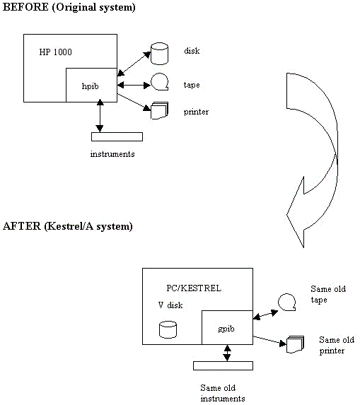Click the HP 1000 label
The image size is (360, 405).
(x=56, y=52)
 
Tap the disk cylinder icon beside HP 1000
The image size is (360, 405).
(x=159, y=54)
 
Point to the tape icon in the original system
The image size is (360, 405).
(x=159, y=82)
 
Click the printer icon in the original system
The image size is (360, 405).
(x=159, y=111)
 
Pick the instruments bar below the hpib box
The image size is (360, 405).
(x=117, y=136)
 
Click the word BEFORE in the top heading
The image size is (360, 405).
(x=25, y=7)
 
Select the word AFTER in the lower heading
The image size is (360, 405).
(x=22, y=226)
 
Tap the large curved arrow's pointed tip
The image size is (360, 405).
(x=303, y=247)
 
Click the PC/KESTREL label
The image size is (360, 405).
(x=194, y=288)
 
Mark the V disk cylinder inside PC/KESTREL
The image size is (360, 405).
(x=168, y=329)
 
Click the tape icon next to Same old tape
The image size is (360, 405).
(x=287, y=302)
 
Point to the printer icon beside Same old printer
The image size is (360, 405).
(x=295, y=344)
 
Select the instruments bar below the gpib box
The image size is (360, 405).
(x=223, y=365)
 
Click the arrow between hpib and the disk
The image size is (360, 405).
(x=134, y=64)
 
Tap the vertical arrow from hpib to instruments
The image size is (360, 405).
(x=100, y=116)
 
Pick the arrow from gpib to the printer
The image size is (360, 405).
(x=269, y=341)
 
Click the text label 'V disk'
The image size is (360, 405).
(x=170, y=305)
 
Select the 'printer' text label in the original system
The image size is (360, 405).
(x=196, y=112)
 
